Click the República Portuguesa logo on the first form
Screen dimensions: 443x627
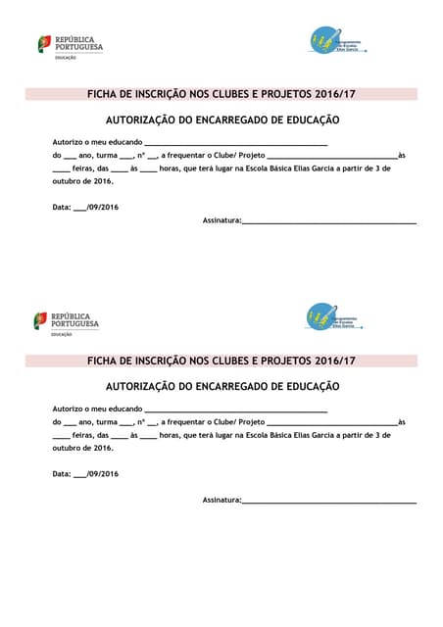tap(70, 45)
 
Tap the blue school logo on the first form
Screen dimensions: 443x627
tap(334, 41)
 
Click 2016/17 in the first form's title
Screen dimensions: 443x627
tap(333, 95)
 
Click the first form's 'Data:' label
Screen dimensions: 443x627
tap(62, 207)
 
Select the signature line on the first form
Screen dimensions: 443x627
tap(329, 221)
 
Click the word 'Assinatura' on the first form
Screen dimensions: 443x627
tap(221, 220)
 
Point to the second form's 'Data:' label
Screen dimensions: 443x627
tap(62, 474)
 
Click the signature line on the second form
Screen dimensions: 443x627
tap(329, 502)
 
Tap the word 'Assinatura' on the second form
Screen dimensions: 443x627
tap(221, 500)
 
